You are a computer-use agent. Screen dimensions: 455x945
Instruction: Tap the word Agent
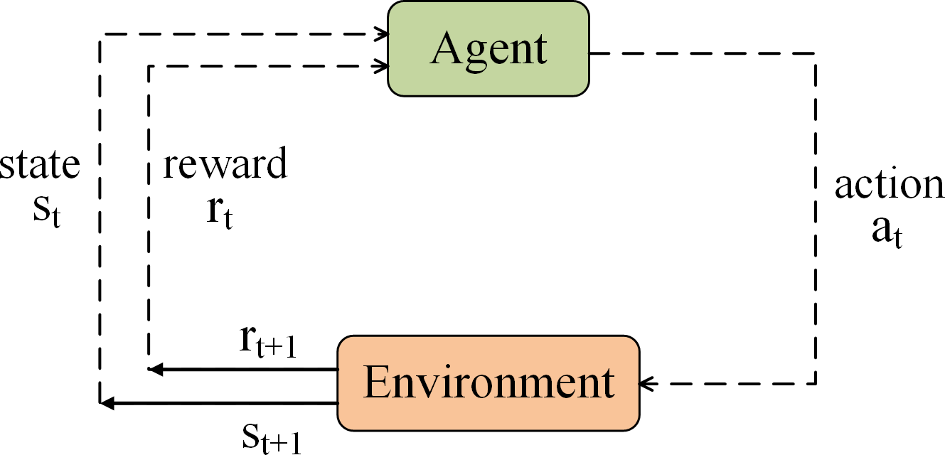pyautogui.click(x=489, y=50)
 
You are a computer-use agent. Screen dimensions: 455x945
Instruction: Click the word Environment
pyautogui.click(x=489, y=383)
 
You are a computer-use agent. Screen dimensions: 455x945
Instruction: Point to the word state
pyautogui.click(x=41, y=165)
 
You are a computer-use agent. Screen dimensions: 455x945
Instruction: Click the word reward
pyautogui.click(x=225, y=165)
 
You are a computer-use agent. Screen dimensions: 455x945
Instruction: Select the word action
pyautogui.click(x=890, y=185)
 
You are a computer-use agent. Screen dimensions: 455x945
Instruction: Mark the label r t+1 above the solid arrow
pyautogui.click(x=267, y=343)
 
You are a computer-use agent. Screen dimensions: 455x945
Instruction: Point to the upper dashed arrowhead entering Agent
pyautogui.click(x=383, y=33)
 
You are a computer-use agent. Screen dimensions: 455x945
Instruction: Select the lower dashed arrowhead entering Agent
pyautogui.click(x=383, y=66)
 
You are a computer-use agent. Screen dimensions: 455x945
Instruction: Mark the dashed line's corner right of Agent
pyautogui.click(x=816, y=53)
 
